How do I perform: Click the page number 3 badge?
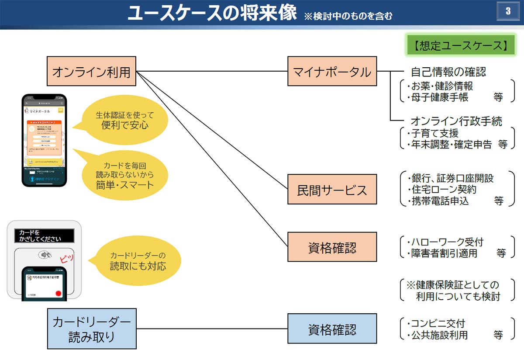coord(508,12)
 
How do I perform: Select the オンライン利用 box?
coord(91,71)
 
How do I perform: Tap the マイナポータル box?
coord(332,71)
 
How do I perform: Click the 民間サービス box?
coord(332,190)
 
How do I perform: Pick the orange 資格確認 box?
coord(332,247)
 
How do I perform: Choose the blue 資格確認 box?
coord(332,329)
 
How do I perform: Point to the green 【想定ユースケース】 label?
coord(460,45)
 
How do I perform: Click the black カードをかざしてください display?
coord(44,236)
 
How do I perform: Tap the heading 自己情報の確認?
coord(448,72)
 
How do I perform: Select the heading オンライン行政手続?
coord(456,121)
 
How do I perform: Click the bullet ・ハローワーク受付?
coord(445,242)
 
